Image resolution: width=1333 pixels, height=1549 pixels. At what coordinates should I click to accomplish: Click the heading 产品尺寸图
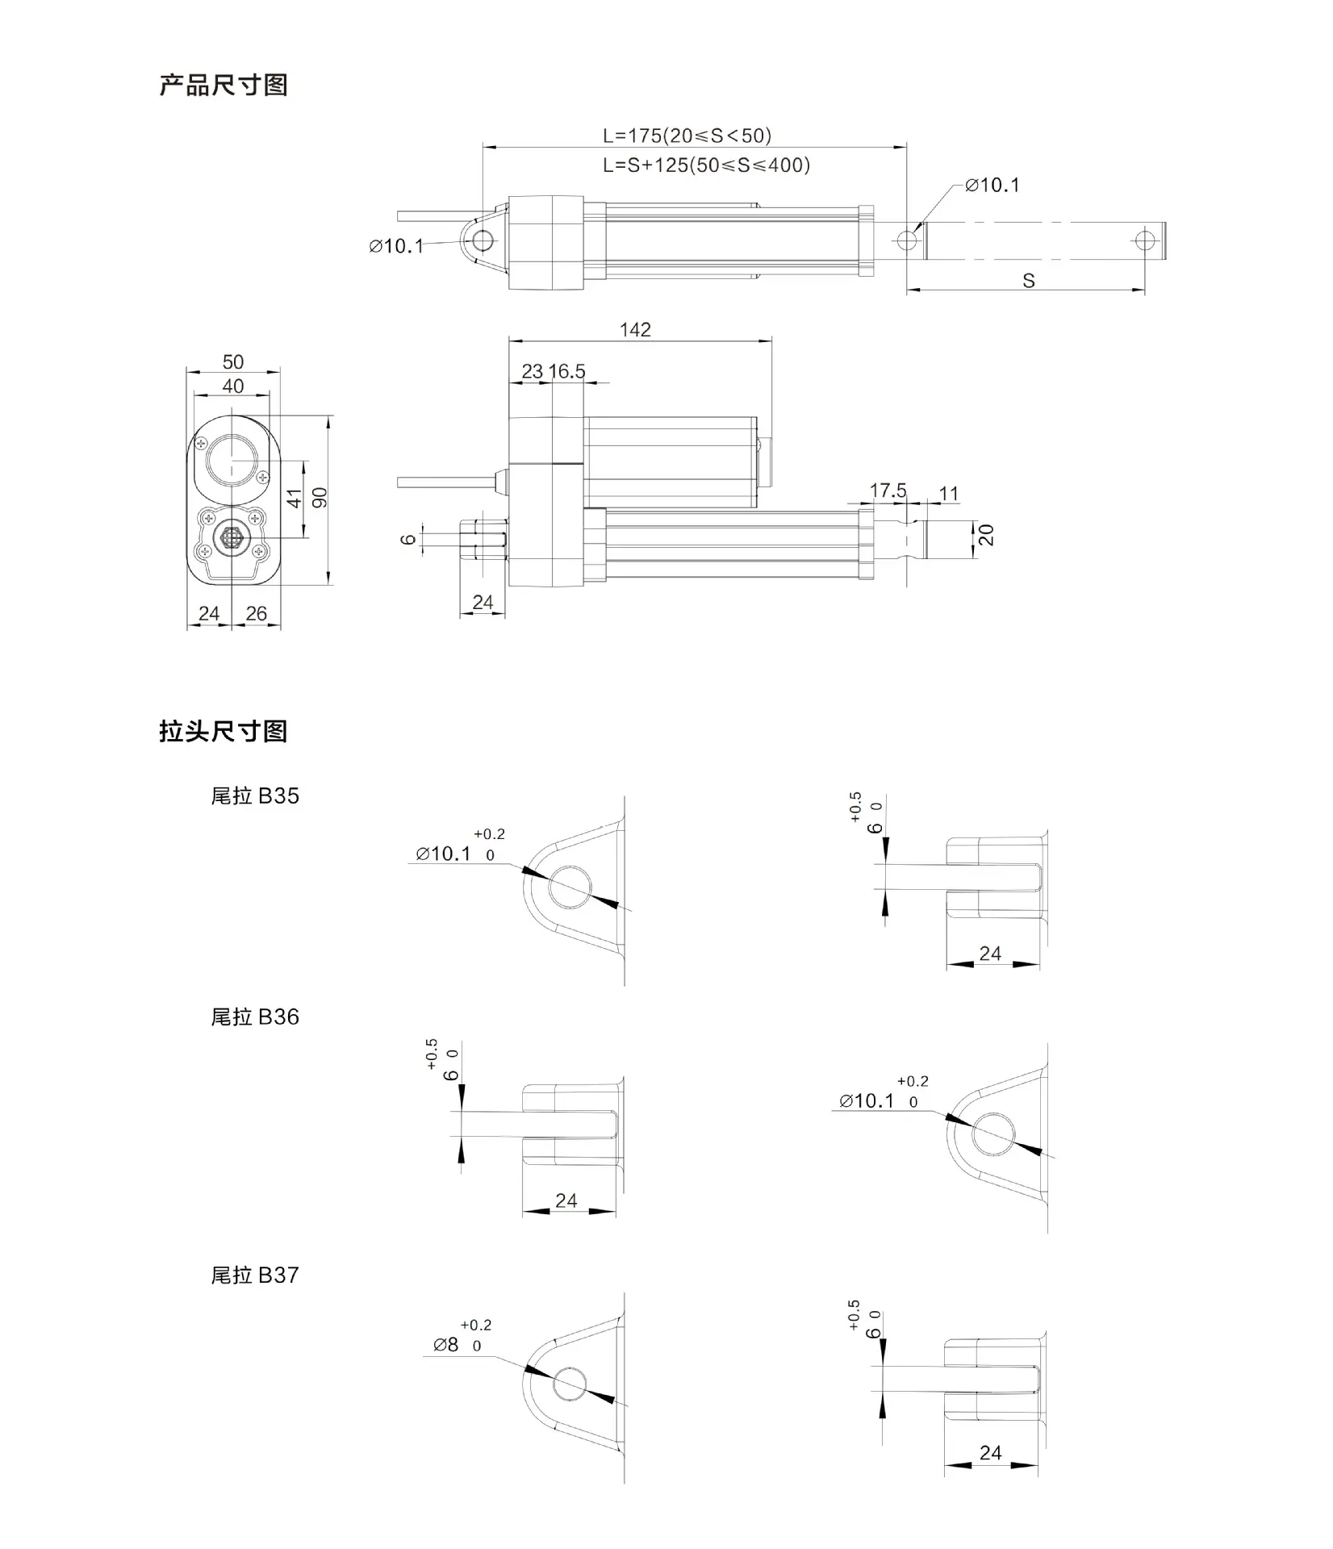tap(224, 86)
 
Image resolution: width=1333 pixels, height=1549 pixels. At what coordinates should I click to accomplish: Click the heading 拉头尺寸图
tap(224, 732)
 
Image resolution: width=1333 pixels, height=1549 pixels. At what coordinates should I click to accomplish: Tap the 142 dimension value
tap(635, 330)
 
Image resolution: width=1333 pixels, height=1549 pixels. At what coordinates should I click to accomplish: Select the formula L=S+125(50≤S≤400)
tap(706, 165)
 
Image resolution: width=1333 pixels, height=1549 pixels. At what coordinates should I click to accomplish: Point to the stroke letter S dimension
tap(1028, 281)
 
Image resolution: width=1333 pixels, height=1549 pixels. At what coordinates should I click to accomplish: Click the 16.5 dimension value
tap(566, 372)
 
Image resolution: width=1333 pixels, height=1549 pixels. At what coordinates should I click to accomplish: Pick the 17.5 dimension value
tap(888, 491)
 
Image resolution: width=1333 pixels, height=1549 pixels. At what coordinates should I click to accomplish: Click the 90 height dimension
tap(320, 498)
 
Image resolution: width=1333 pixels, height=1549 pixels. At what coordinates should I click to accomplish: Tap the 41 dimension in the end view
tap(295, 499)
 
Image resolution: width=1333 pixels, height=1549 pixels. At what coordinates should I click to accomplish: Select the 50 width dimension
tap(233, 362)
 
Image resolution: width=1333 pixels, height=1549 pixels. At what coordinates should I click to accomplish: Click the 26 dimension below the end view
tap(256, 614)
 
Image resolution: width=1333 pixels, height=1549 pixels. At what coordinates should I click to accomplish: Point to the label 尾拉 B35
tap(255, 796)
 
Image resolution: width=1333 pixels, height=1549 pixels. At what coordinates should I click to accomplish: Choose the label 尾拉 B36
tap(255, 1017)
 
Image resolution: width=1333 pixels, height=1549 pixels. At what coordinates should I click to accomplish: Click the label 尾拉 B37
tap(255, 1276)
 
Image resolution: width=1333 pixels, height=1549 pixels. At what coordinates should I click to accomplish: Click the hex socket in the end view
tap(232, 536)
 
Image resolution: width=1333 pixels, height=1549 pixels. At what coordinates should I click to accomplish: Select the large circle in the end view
tap(232, 459)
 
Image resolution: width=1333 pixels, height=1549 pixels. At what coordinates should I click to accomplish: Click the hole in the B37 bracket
tap(571, 1384)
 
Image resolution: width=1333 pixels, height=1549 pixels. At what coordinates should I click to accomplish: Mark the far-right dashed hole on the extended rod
tap(1145, 240)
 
